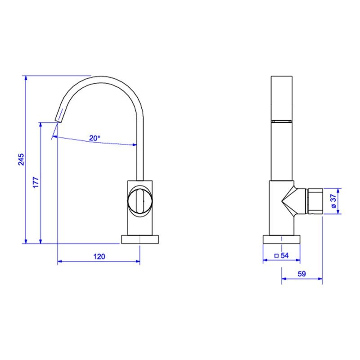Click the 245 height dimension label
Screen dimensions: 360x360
point(21,159)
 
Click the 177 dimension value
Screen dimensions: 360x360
point(36,182)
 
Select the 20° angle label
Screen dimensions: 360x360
point(94,138)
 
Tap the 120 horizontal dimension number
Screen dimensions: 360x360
point(99,256)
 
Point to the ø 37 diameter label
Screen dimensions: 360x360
point(333,201)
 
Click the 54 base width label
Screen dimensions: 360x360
point(285,255)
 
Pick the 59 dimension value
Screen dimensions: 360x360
point(302,274)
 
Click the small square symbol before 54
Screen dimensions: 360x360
point(276,256)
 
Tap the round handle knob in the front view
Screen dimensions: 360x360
point(140,201)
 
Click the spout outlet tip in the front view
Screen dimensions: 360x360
point(58,120)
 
